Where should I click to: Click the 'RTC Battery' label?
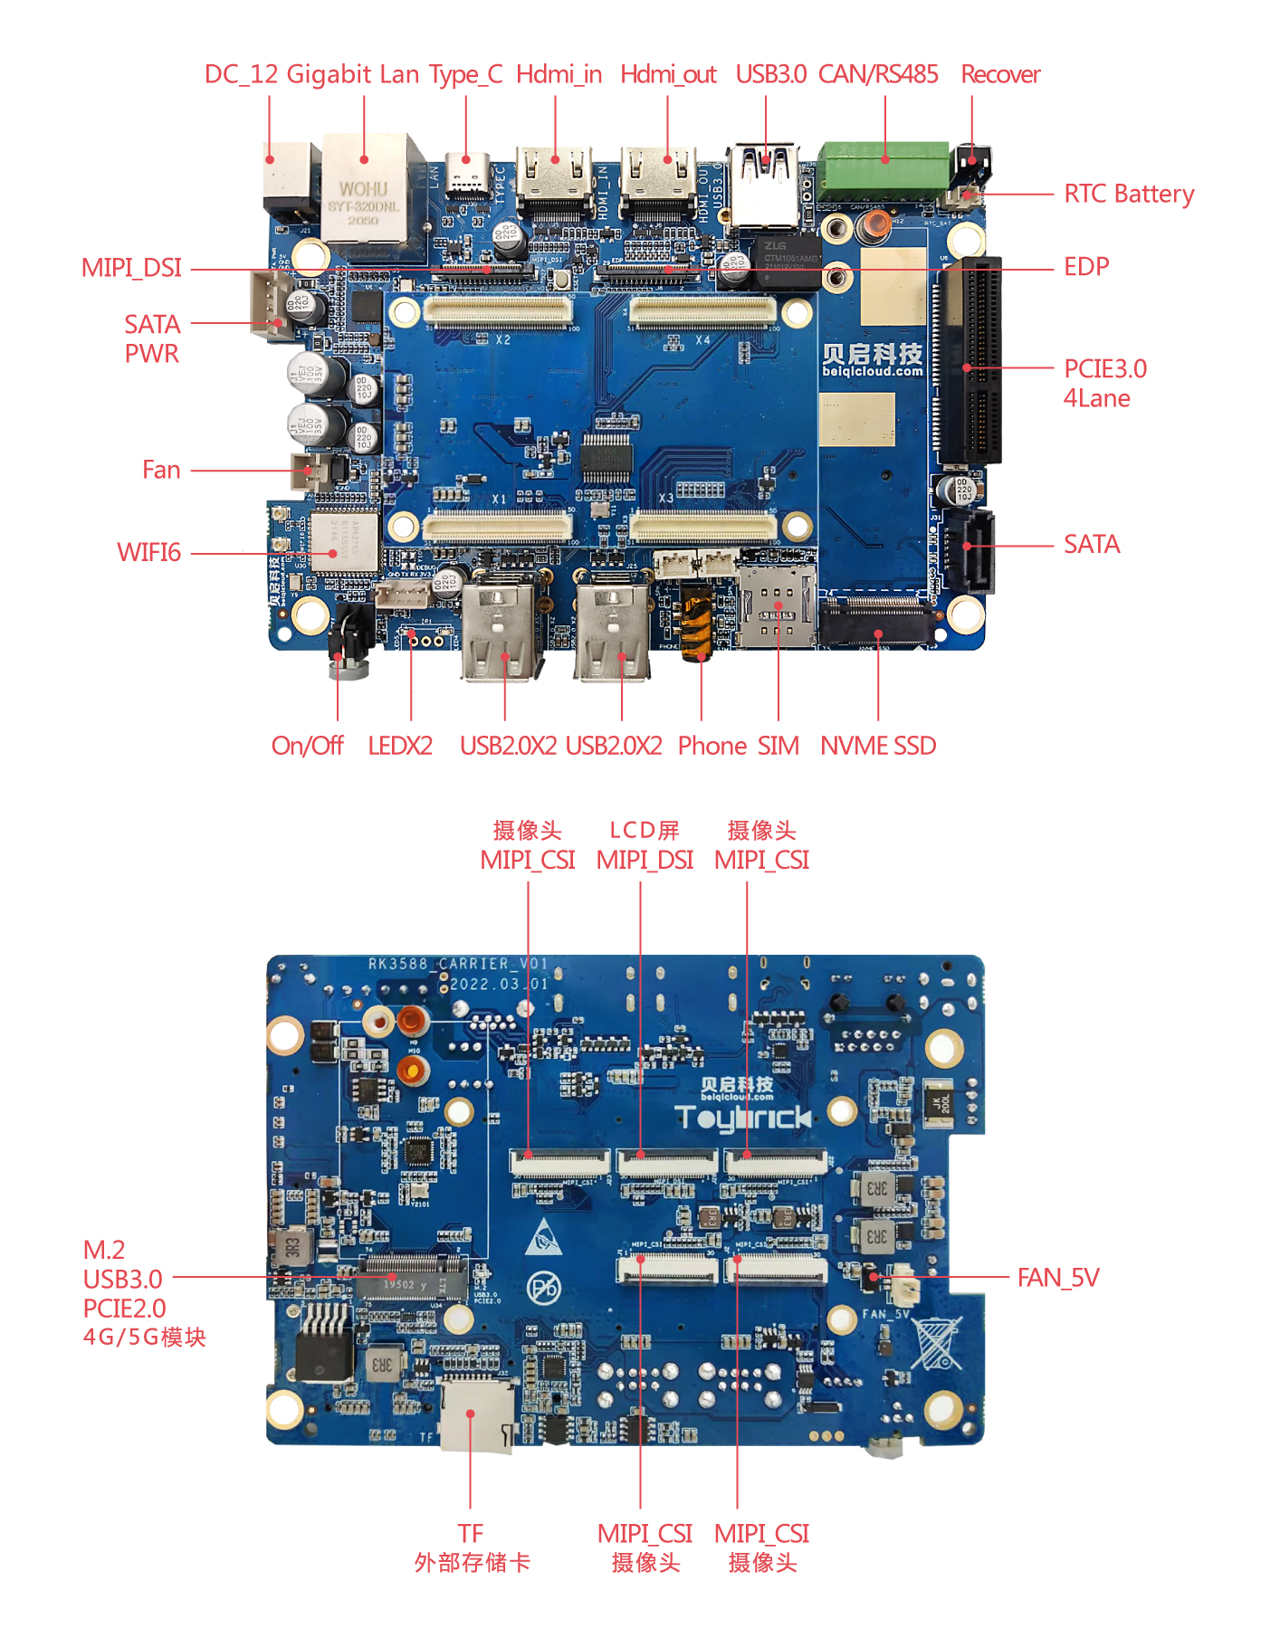click(x=1128, y=194)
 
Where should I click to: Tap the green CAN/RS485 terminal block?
click(x=884, y=169)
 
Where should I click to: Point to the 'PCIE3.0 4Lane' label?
click(x=1104, y=383)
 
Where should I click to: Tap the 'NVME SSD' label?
click(x=877, y=746)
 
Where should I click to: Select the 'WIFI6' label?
click(x=148, y=552)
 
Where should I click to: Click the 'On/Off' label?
click(x=307, y=746)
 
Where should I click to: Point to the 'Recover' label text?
click(x=999, y=74)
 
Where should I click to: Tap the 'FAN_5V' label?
click(x=1057, y=1277)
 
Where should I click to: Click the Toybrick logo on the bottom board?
click(x=742, y=1119)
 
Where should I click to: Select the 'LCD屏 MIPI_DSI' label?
click(x=645, y=845)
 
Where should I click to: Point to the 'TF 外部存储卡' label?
click(x=471, y=1548)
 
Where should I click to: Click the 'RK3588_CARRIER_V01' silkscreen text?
click(x=458, y=964)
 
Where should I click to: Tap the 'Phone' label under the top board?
click(x=712, y=746)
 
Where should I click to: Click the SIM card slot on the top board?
click(x=776, y=606)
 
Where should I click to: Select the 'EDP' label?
click(x=1085, y=267)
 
